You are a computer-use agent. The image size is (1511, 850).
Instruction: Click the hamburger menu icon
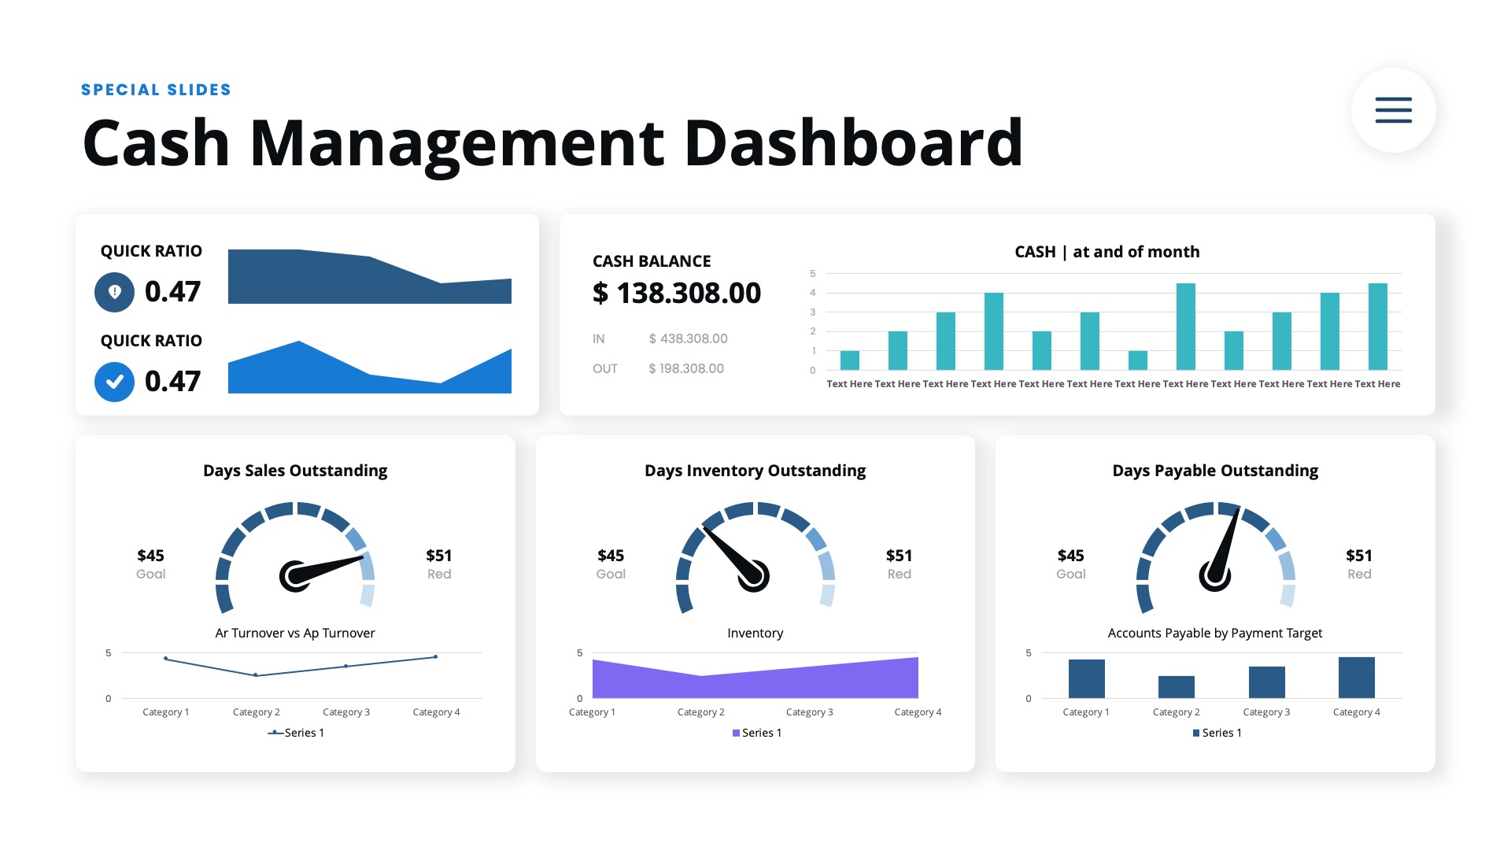[1393, 110]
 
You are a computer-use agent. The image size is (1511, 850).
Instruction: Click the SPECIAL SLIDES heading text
[156, 90]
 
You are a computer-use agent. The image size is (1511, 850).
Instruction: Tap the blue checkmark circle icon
[114, 382]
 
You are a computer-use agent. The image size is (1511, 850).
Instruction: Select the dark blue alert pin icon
[114, 292]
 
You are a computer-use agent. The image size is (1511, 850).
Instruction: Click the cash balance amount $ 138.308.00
[676, 293]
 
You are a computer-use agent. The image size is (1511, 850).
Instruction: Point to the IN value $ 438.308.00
[688, 338]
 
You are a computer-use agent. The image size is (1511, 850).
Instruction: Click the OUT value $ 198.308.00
[685, 368]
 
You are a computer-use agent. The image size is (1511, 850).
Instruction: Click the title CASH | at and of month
[1106, 252]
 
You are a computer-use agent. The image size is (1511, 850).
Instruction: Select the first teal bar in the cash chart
[849, 360]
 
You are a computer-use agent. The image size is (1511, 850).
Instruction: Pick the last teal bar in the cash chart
[1377, 327]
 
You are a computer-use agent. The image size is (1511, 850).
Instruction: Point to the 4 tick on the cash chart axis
[813, 293]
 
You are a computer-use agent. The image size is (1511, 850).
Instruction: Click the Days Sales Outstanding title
[295, 471]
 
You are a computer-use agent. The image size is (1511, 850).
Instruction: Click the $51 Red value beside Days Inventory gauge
[899, 564]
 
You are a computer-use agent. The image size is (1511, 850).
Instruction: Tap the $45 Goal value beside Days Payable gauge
[1070, 564]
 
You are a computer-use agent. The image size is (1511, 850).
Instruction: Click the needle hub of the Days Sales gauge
[294, 576]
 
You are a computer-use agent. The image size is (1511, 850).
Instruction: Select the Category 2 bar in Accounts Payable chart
[1176, 687]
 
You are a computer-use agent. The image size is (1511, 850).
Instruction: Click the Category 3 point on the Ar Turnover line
[345, 667]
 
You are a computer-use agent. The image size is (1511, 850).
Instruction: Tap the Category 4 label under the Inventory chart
[918, 712]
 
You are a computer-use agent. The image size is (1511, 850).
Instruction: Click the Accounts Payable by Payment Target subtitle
[1214, 633]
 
